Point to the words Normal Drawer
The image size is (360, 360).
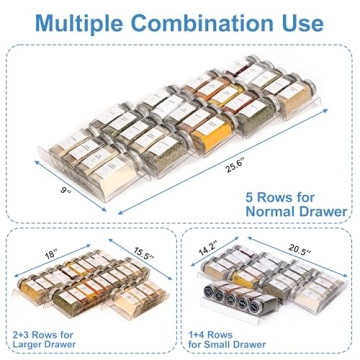click(295, 211)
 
